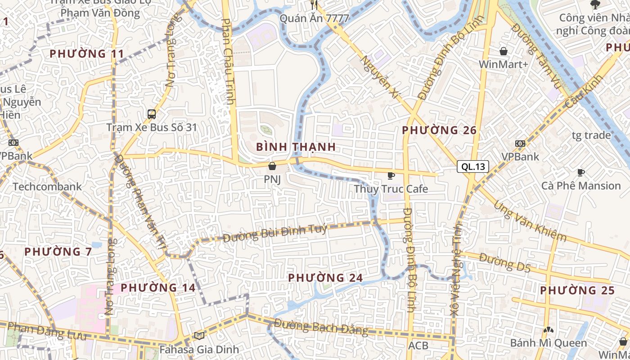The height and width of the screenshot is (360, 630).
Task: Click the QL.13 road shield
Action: pyautogui.click(x=473, y=166)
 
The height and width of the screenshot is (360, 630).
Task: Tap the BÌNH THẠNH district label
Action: pyautogui.click(x=296, y=147)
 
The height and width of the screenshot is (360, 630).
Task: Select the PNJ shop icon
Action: pyautogui.click(x=272, y=166)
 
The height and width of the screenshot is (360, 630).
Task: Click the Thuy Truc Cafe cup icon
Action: pyautogui.click(x=391, y=175)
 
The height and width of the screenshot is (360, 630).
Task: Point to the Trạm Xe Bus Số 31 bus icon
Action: pyautogui.click(x=152, y=114)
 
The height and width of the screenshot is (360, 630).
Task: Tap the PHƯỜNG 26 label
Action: pyautogui.click(x=439, y=130)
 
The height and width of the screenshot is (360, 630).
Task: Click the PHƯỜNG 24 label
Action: pyautogui.click(x=325, y=278)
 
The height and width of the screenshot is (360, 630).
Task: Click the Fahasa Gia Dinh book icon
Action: pyautogui.click(x=199, y=336)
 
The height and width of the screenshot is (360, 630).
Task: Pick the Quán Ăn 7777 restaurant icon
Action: pyautogui.click(x=314, y=5)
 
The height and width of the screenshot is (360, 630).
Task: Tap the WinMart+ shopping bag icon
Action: pyautogui.click(x=504, y=51)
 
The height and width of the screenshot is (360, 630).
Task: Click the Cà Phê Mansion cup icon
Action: pyautogui.click(x=581, y=172)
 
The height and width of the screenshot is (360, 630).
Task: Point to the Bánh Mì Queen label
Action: pyautogui.click(x=549, y=343)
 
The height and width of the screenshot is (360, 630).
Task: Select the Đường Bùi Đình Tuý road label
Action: pyautogui.click(x=275, y=232)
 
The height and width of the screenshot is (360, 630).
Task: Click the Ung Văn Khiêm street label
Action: pyautogui.click(x=530, y=221)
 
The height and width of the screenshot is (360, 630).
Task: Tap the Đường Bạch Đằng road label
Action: pyautogui.click(x=321, y=327)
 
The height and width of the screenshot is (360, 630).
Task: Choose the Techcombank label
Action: pyautogui.click(x=47, y=186)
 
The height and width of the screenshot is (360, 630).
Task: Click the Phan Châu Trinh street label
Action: pyautogui.click(x=229, y=61)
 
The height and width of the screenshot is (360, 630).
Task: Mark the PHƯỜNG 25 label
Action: pyautogui.click(x=577, y=290)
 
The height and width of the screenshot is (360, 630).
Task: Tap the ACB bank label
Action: pyautogui.click(x=418, y=346)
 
